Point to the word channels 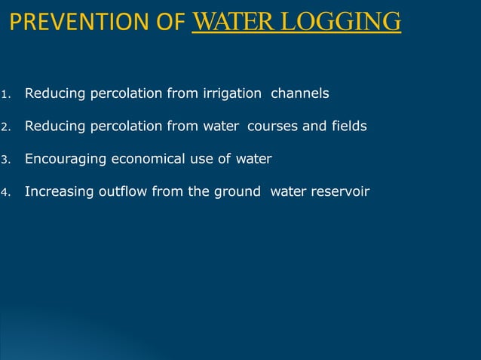299,94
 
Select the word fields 349,127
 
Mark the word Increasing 59,191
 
